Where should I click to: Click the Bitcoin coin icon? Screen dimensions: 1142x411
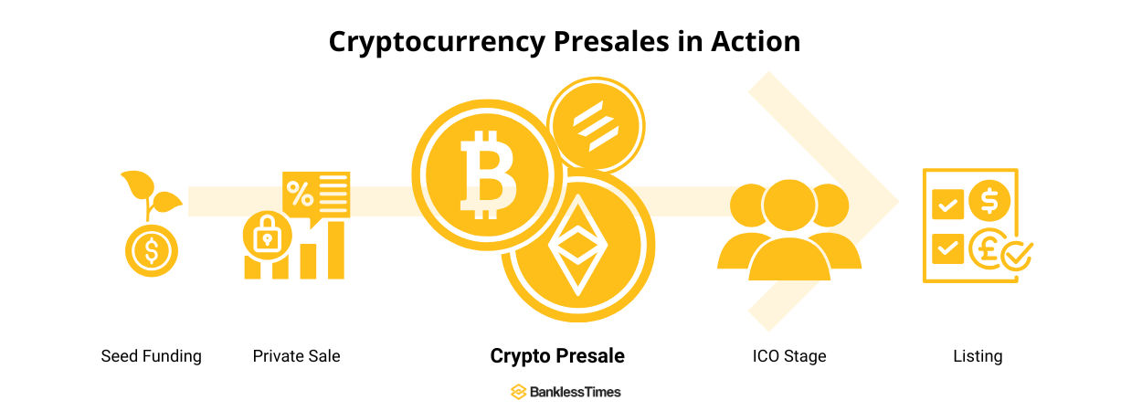[x=487, y=175]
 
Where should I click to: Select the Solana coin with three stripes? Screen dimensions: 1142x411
[x=596, y=125]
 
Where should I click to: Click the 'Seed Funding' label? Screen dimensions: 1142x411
[x=151, y=356]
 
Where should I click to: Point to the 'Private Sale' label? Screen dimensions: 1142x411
[x=296, y=356]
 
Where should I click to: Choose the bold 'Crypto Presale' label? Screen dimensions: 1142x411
[x=557, y=356]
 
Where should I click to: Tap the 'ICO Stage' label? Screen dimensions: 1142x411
[x=789, y=356]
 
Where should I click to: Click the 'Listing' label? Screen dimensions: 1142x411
[x=978, y=356]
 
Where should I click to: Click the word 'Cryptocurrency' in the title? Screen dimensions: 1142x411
[x=437, y=42]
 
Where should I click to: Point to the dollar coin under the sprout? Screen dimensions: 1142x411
[x=152, y=250]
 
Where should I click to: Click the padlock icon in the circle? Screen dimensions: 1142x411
[x=267, y=236]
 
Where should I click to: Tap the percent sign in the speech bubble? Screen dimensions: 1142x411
[x=300, y=194]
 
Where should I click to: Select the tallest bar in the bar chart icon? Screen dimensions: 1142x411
[x=336, y=250]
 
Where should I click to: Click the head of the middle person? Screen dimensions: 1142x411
[x=789, y=205]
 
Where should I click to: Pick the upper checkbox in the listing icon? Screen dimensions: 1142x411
[x=947, y=205]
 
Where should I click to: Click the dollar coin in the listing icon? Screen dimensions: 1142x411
[x=989, y=200]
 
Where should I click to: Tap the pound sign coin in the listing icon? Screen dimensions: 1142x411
[x=988, y=248]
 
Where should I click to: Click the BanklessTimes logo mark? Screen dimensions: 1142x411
[x=519, y=392]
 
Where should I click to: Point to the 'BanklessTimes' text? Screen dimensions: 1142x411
[x=575, y=392]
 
